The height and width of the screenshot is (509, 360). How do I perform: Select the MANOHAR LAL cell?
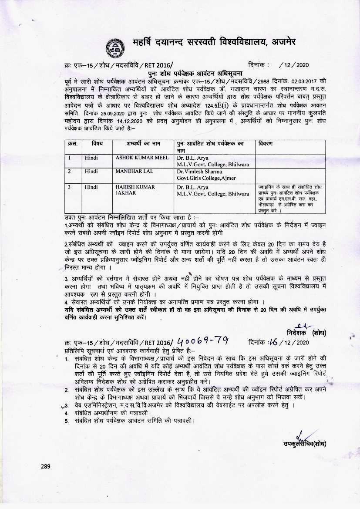pyautogui.click(x=128, y=172)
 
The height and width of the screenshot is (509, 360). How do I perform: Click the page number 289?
pyautogui.click(x=46, y=466)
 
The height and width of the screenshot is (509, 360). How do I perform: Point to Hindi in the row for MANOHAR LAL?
pyautogui.click(x=91, y=172)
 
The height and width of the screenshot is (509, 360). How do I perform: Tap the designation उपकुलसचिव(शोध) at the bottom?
pyautogui.click(x=304, y=444)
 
